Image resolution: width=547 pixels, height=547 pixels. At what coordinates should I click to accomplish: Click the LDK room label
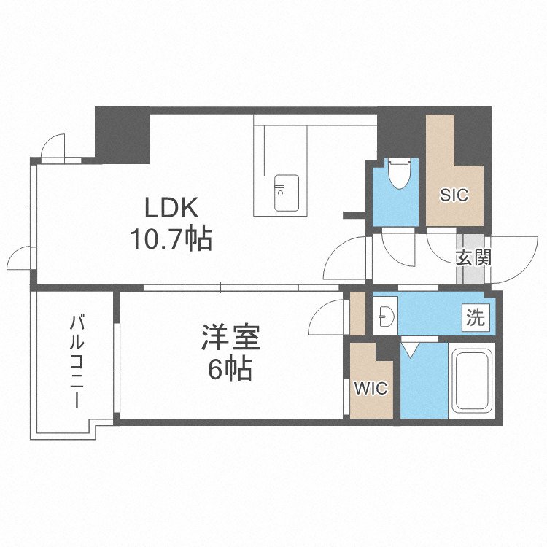click(x=171, y=209)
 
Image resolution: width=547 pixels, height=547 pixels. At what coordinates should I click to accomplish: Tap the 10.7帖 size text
click(x=171, y=238)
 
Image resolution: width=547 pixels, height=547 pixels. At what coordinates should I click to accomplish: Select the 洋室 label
click(x=230, y=340)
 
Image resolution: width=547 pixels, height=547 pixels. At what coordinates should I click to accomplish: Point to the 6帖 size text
click(x=230, y=371)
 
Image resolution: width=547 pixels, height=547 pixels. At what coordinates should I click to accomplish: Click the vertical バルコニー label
click(x=75, y=361)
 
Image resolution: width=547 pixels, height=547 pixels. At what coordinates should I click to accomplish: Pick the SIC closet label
click(x=454, y=195)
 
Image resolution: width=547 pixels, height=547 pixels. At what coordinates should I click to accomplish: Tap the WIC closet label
click(x=371, y=388)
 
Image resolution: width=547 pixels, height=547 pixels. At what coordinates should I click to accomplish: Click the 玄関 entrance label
click(x=473, y=257)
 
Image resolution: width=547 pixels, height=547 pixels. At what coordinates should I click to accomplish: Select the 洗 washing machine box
click(x=476, y=317)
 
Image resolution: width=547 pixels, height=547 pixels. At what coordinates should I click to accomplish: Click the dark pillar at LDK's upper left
click(x=122, y=134)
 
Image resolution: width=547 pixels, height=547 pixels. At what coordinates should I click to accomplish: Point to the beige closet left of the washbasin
click(x=357, y=313)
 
